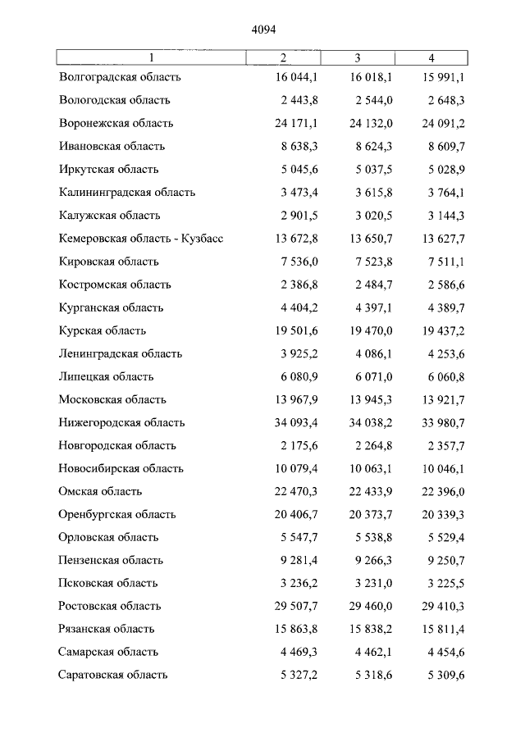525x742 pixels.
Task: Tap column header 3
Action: (358, 57)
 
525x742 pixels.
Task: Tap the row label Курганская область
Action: (111, 308)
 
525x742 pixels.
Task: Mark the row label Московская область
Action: (112, 400)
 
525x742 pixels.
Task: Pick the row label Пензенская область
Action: (111, 561)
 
